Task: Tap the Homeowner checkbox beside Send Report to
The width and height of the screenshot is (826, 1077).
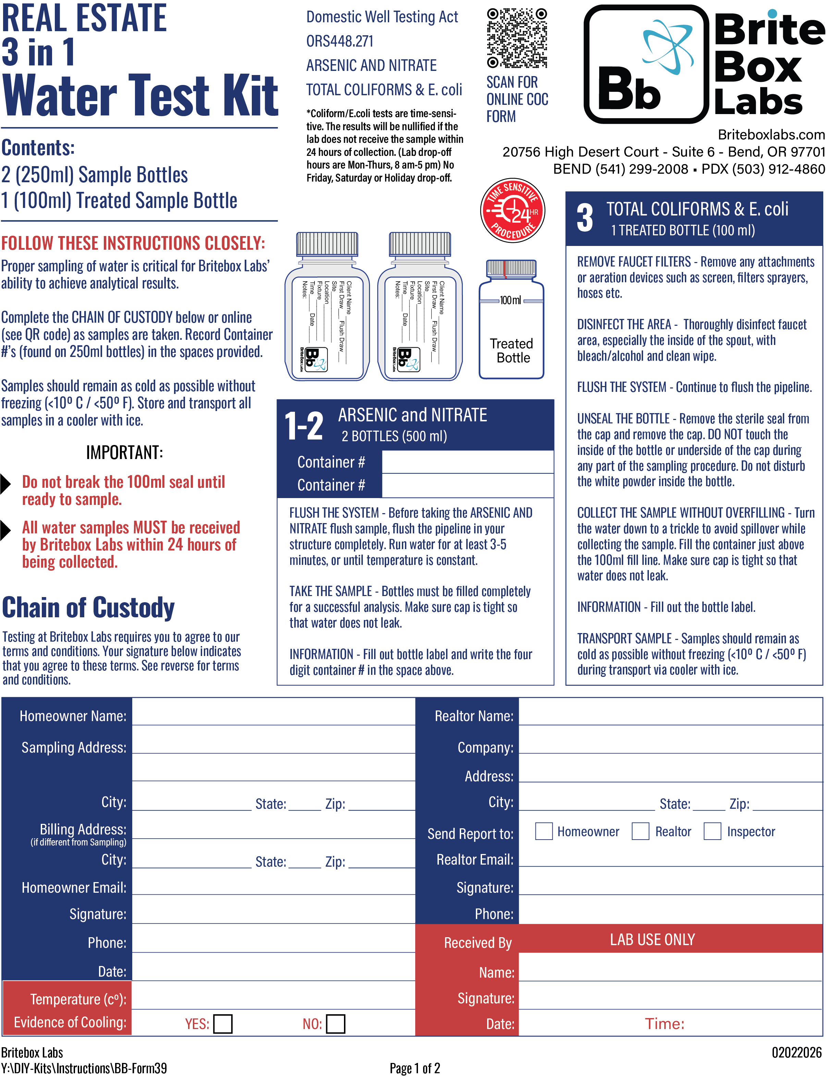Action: point(543,831)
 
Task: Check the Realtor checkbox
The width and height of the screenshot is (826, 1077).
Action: point(640,831)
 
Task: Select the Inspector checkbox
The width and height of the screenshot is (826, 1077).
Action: point(712,831)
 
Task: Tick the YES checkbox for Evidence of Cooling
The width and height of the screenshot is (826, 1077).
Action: point(223,1024)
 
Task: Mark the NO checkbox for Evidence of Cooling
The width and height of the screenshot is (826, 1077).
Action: point(335,1024)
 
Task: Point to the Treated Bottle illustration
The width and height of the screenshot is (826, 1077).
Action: point(511,320)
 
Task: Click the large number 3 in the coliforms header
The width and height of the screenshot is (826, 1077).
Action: point(584,218)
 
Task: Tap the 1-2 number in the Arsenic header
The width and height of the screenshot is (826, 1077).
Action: point(304,426)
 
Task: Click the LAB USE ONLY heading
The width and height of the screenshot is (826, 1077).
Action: point(652,939)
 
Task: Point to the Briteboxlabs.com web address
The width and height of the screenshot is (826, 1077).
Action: point(771,135)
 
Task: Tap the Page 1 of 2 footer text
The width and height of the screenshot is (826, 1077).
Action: point(415,1068)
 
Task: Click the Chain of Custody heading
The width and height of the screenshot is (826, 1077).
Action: point(88,608)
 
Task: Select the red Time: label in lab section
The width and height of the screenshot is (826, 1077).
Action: point(664,1024)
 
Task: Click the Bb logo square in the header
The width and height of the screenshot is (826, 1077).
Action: point(645,64)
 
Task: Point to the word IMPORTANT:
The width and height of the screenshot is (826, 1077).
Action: point(124,452)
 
